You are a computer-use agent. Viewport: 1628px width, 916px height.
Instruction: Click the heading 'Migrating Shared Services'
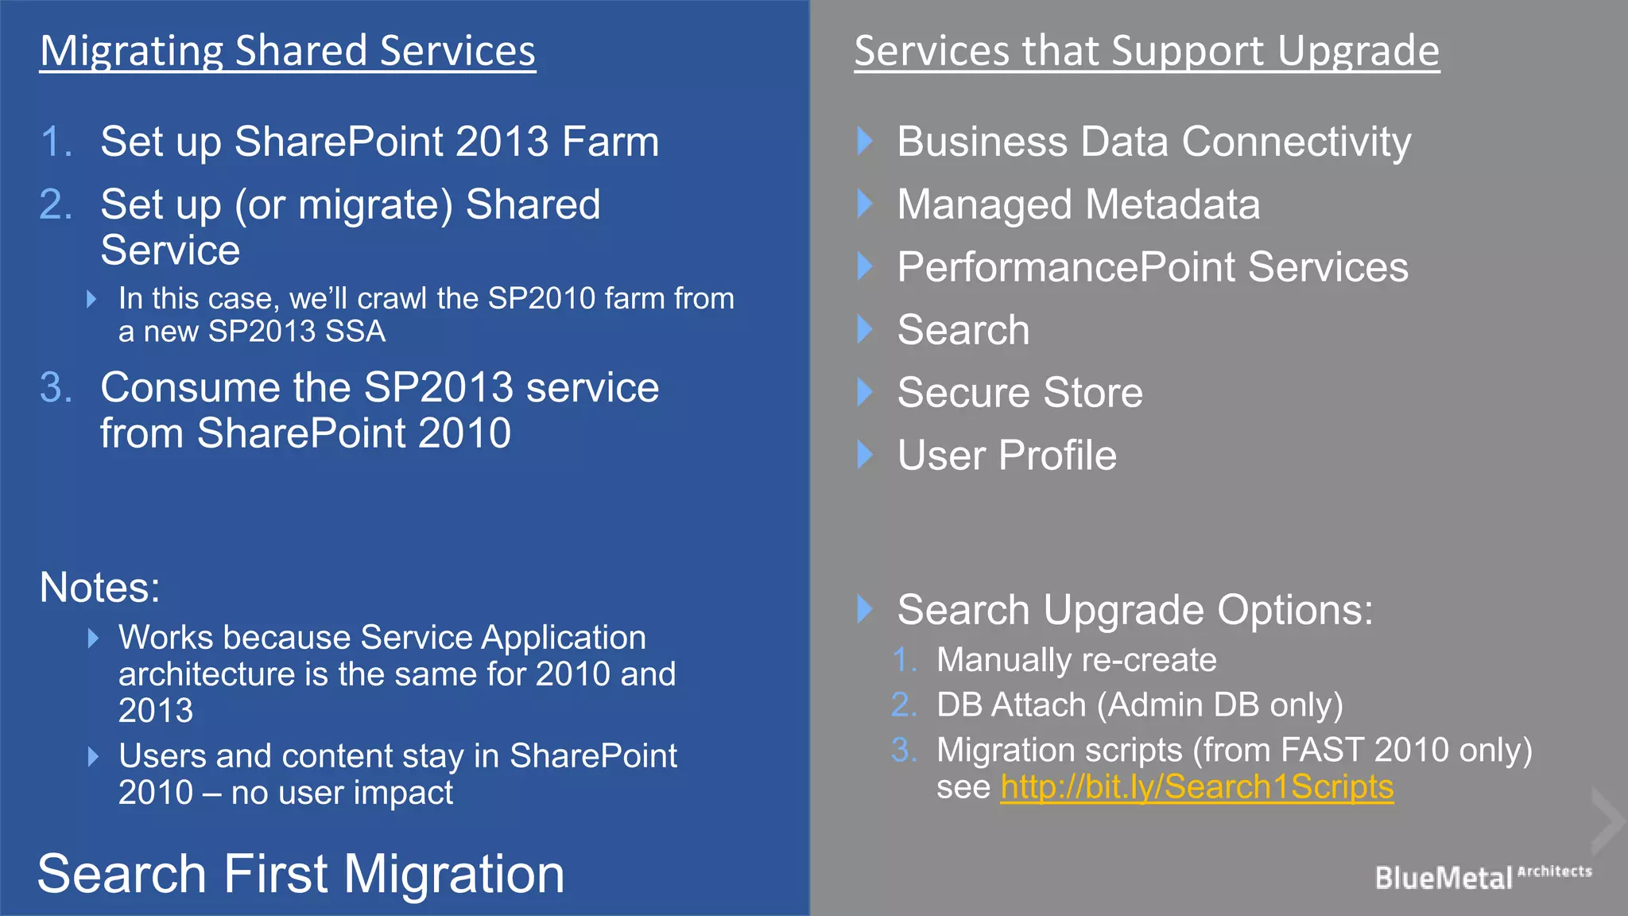287,51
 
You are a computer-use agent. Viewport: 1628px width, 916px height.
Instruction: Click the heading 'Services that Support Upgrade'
1146,51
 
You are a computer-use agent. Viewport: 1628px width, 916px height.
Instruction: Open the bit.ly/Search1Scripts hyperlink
1196,787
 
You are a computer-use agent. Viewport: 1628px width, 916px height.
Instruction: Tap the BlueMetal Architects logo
1482,876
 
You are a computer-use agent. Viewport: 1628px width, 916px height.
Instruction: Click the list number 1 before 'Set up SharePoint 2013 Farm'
55,142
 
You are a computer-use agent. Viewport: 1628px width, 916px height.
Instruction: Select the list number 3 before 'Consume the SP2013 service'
55,388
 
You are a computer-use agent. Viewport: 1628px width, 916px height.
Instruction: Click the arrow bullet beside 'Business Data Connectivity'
865,142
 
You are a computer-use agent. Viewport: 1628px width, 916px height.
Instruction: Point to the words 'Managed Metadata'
1078,204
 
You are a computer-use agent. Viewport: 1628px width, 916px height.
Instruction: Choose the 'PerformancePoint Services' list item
1152,267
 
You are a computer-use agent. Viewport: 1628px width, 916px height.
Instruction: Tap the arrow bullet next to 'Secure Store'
865,392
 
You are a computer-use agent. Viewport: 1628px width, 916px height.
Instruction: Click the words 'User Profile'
1006,456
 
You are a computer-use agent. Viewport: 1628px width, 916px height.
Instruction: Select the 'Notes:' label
99,588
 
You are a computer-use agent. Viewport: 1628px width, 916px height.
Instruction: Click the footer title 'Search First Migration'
300,874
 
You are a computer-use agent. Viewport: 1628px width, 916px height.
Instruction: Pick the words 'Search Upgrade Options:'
1134,610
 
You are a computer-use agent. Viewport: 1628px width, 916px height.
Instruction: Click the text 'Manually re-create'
1076,660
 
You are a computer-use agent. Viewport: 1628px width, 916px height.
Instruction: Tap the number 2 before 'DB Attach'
903,705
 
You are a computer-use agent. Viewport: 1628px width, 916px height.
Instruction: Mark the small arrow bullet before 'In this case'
91,299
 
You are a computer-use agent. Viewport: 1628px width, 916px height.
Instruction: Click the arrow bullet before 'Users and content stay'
93,756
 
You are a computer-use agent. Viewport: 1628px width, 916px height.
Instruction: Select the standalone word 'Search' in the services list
963,330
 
